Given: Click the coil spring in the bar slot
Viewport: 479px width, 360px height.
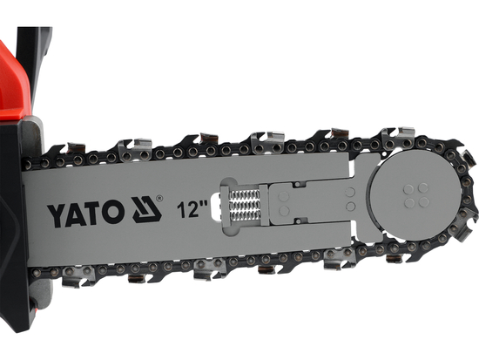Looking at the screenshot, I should coord(246,209).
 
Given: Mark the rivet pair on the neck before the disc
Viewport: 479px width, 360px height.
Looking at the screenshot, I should coord(349,196).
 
